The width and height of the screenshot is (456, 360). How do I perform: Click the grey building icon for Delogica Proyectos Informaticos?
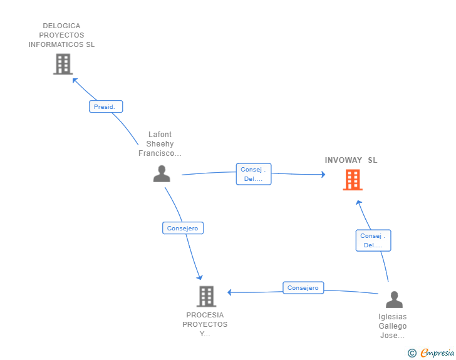[x=63, y=64]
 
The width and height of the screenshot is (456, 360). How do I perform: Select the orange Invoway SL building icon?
[x=353, y=180]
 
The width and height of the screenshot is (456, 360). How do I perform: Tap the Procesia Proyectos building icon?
[x=206, y=296]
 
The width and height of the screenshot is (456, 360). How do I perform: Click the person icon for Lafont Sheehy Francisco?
[x=162, y=173]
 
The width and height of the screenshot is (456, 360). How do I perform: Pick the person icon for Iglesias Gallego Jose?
[x=394, y=300]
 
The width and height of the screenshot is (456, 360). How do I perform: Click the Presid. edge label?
[x=105, y=106]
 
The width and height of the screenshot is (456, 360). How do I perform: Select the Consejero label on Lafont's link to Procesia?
[x=182, y=229]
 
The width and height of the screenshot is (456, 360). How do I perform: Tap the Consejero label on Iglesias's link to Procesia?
[x=303, y=288]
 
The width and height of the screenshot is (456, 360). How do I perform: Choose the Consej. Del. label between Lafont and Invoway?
[x=254, y=174]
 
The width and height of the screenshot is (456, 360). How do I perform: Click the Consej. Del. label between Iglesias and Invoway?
[x=373, y=240]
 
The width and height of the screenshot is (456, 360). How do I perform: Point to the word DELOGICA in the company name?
[x=61, y=26]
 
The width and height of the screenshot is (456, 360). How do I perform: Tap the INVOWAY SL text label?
[x=351, y=160]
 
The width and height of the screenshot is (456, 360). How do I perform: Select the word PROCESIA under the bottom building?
[x=205, y=315]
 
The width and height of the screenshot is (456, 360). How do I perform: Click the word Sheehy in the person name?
[x=160, y=144]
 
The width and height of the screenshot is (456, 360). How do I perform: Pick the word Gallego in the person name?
[x=393, y=326]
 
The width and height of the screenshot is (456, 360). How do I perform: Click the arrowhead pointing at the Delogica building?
[x=75, y=80]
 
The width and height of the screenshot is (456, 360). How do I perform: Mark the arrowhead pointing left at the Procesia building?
[x=230, y=292]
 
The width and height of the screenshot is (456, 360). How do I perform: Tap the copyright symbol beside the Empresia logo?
[x=412, y=353]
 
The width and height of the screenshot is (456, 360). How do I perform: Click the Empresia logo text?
[x=437, y=353]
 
